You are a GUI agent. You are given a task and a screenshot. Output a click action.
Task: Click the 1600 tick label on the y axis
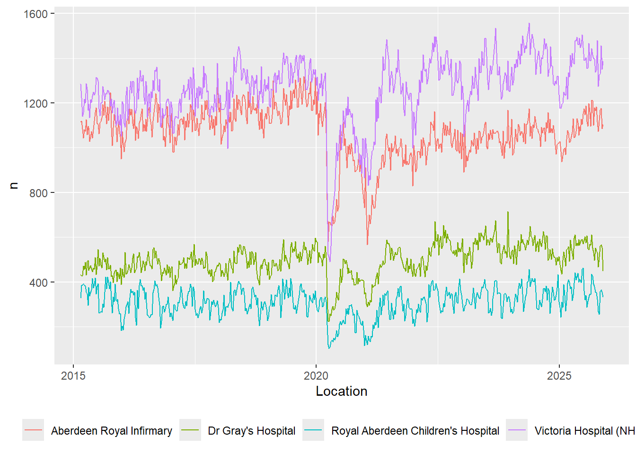(x=35, y=14)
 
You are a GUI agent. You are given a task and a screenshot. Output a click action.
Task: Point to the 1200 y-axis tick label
(x=35, y=103)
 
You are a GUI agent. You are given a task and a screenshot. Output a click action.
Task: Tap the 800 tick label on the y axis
(x=38, y=193)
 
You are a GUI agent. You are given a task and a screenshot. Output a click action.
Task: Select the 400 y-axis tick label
(x=38, y=282)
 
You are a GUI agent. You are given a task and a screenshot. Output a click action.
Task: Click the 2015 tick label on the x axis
(x=73, y=376)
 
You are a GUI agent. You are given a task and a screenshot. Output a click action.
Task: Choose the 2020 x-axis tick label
(x=316, y=376)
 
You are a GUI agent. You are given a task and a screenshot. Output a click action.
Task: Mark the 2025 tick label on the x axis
(x=559, y=376)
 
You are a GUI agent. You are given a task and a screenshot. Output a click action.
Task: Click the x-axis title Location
(x=341, y=391)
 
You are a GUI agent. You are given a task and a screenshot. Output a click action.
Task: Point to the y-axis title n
(x=14, y=185)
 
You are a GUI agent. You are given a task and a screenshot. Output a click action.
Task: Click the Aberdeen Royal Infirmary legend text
(x=112, y=431)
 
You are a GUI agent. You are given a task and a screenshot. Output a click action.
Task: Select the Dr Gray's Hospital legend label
(x=251, y=431)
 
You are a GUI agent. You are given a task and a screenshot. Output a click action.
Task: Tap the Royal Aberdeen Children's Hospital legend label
(x=415, y=431)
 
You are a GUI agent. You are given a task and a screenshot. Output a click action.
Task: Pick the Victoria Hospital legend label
(x=584, y=431)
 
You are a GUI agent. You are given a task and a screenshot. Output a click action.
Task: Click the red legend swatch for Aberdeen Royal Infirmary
(x=33, y=430)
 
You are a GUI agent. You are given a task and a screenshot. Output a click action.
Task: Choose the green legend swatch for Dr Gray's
(x=190, y=430)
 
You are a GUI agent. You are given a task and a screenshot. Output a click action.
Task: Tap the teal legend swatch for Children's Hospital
(x=313, y=430)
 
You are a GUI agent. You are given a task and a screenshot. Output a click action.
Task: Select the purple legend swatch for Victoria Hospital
(x=517, y=430)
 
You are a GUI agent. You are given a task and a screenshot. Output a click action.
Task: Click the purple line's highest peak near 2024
(x=529, y=24)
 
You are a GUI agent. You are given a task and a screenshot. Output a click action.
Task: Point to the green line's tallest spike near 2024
(x=508, y=212)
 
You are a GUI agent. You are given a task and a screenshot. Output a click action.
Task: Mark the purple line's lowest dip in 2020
(x=330, y=261)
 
